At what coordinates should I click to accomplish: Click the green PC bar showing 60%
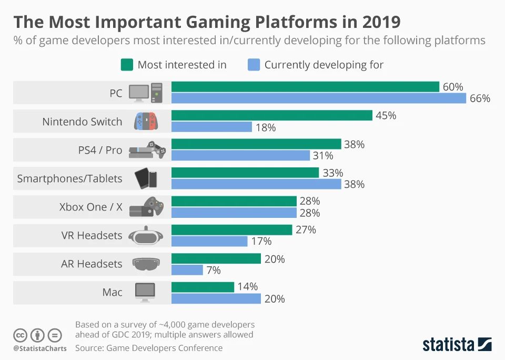coord(305,87)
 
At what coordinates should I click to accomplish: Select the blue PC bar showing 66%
coord(319,98)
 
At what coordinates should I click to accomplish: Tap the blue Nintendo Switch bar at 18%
coord(211,127)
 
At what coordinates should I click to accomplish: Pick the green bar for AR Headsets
coord(216,258)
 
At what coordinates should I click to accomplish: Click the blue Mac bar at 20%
coord(216,298)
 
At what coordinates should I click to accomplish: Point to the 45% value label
coord(386,115)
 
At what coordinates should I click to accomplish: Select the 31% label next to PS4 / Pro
coord(324,155)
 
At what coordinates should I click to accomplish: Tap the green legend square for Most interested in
coord(126,65)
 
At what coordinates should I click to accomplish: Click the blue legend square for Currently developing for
coord(253,65)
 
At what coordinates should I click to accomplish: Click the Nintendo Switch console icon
coord(145,122)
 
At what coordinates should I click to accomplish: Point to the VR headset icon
coord(145,235)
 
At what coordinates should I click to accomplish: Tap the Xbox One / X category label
coord(90,207)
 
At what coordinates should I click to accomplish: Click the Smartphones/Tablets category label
coord(69,178)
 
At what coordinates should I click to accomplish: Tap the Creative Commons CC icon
coord(21,335)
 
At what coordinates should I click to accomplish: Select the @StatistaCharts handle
coord(40,348)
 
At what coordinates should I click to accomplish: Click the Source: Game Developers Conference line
coord(149,348)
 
